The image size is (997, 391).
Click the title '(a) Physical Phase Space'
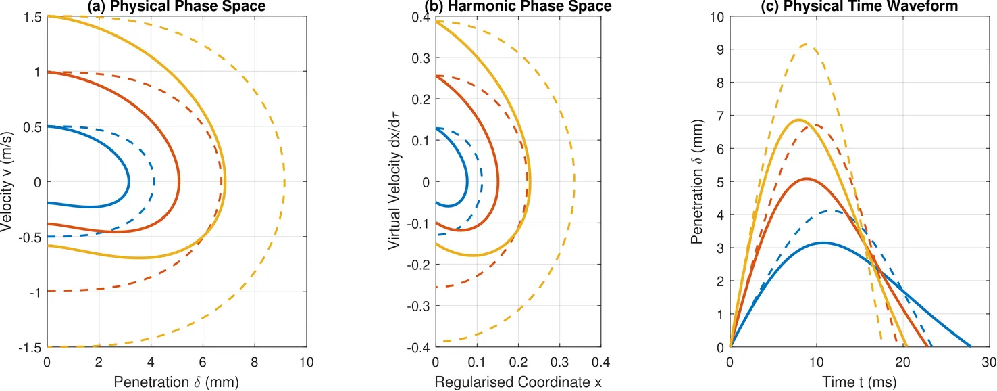[x=177, y=6]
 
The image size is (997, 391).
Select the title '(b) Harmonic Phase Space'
[x=518, y=6]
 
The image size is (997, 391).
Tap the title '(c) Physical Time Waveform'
[x=859, y=6]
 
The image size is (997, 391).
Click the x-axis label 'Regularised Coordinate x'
[x=518, y=382]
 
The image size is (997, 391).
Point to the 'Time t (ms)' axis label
[x=859, y=382]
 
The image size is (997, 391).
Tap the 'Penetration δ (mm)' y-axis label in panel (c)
[x=697, y=182]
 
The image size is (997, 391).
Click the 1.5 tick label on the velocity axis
[x=32, y=18]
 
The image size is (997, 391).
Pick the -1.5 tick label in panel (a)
[x=30, y=347]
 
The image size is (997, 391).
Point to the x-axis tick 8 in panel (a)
[x=255, y=362]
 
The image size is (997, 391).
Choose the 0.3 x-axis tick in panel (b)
[x=559, y=362]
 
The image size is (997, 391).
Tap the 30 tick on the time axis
[x=989, y=362]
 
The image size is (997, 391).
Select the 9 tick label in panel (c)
[x=720, y=50]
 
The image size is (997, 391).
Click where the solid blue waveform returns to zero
[x=970, y=346]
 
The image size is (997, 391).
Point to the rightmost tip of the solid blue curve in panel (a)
[x=128, y=182]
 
